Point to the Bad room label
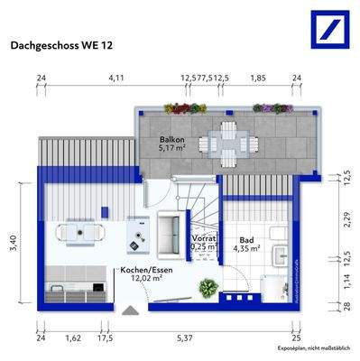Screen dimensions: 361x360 point(249,240)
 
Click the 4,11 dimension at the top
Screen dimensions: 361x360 point(116,79)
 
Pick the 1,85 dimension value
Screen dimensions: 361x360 point(257,79)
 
